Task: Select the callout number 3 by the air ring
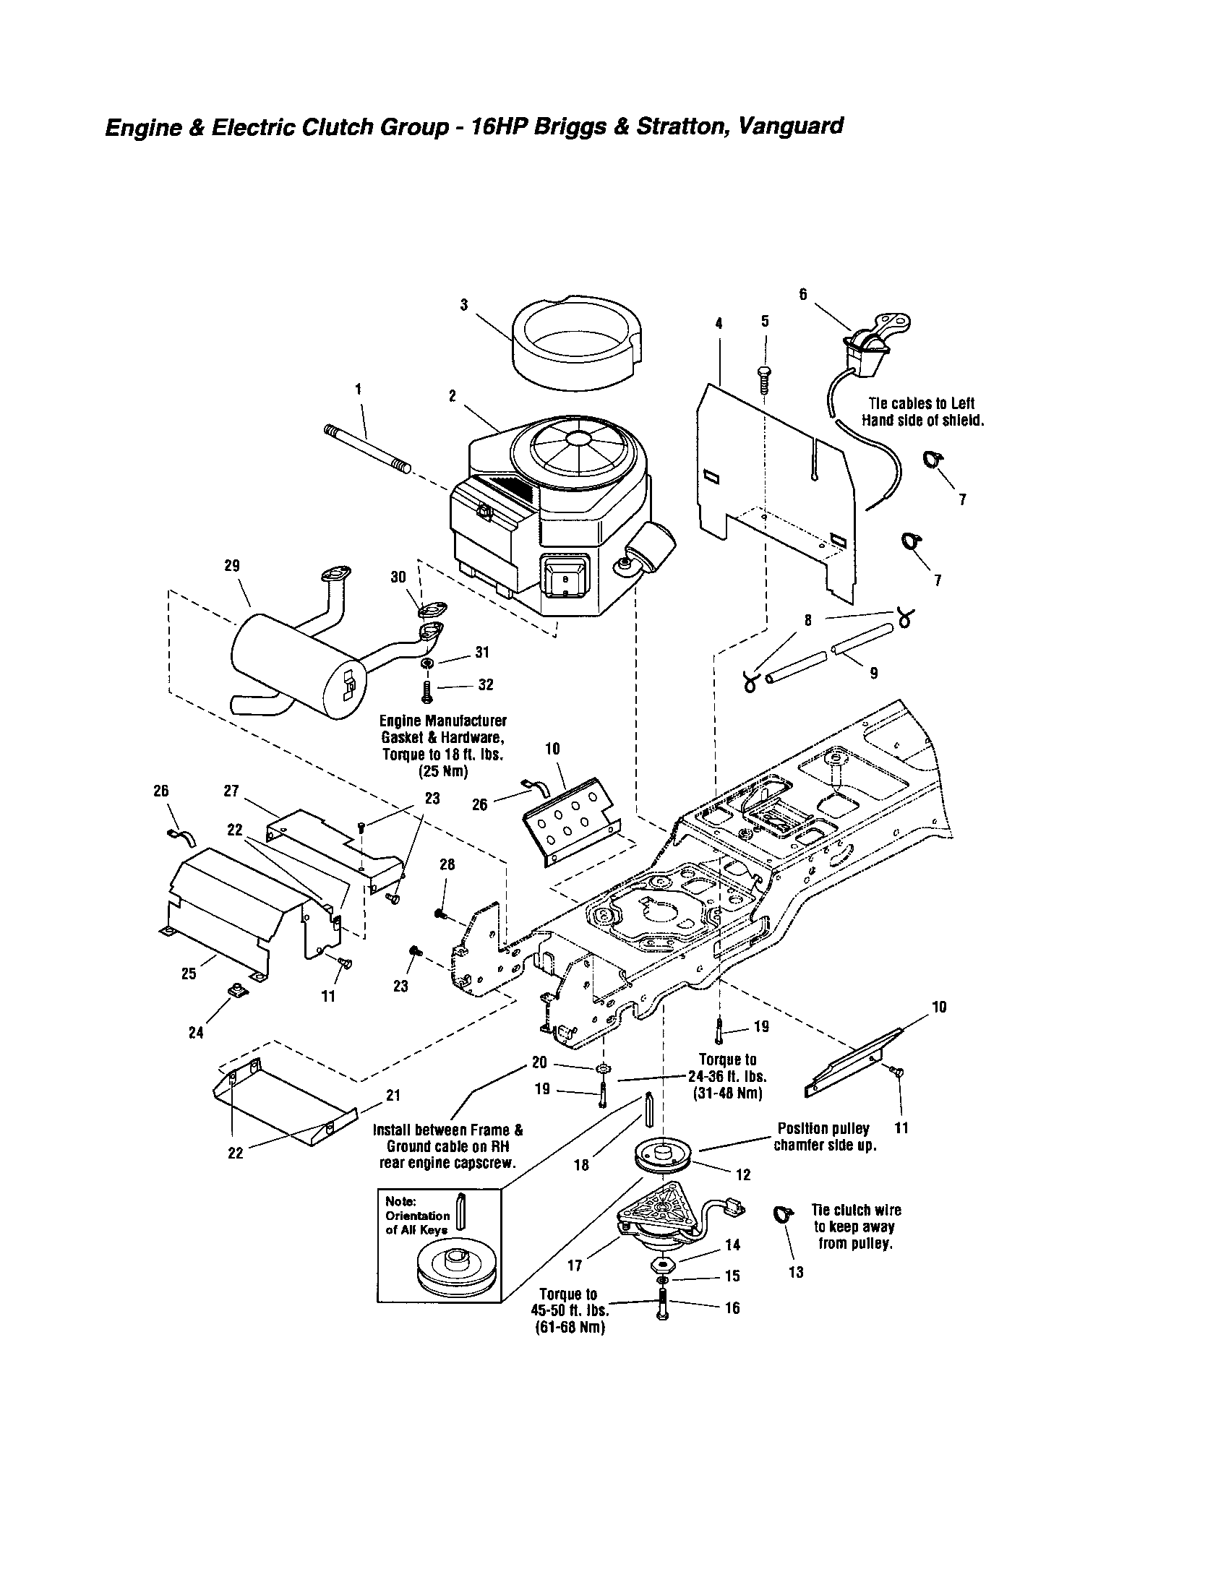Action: [x=464, y=305]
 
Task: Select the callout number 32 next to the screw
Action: [x=486, y=685]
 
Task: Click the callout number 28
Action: [x=447, y=864]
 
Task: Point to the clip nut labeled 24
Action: [x=236, y=989]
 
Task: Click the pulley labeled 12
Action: [x=663, y=1157]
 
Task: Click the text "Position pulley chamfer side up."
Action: [x=824, y=1136]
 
